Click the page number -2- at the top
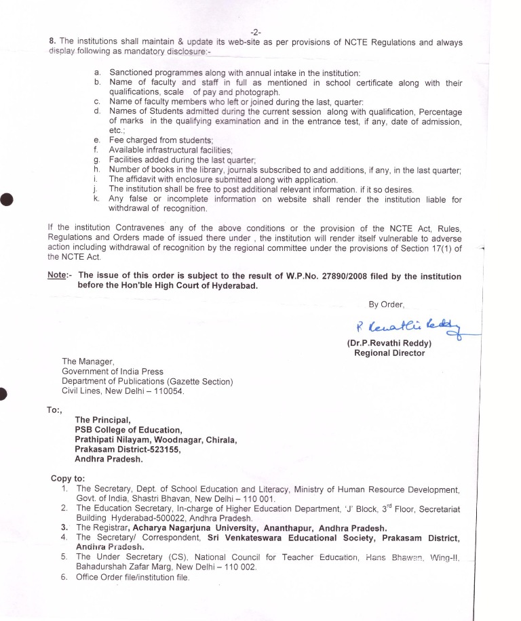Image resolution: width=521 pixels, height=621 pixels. (256, 32)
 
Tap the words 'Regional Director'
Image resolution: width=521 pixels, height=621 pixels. (389, 353)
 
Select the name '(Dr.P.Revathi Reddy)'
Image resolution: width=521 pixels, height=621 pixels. (389, 342)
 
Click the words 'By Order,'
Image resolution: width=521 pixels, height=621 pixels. (386, 304)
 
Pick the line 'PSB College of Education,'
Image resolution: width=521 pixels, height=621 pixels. (128, 430)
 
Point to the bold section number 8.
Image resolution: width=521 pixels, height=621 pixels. (52, 42)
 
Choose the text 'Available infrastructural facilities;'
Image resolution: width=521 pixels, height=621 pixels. (171, 149)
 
